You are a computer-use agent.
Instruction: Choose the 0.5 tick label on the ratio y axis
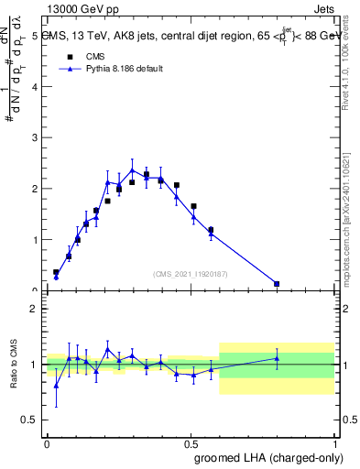30,420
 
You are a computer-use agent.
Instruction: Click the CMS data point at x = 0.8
277,284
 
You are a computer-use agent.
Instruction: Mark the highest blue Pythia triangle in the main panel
132,169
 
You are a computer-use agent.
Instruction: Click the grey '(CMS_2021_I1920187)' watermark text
191,274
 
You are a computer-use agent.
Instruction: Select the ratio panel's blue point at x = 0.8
277,358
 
